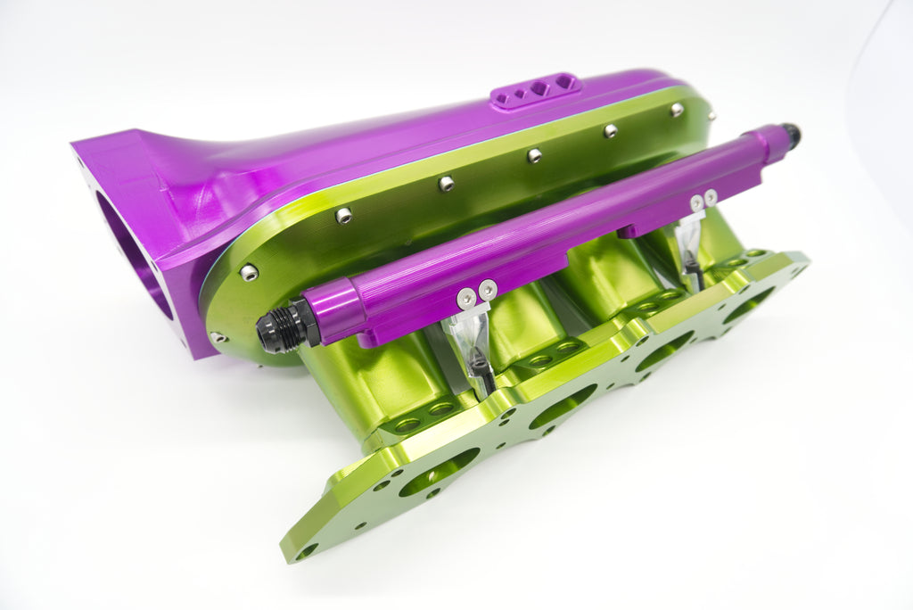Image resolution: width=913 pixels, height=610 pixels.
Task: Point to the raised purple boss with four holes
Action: (x=535, y=90)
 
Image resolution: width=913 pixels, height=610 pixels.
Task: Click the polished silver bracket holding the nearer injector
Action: (x=469, y=330)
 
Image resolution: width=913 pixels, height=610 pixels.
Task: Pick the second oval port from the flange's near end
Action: (x=562, y=406)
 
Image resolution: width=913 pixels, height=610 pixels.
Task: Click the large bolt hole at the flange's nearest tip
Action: (x=305, y=551)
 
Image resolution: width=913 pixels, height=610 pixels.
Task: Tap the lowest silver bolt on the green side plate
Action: (x=218, y=337)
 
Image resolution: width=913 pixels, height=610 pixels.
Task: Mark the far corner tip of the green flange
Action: (x=802, y=259)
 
